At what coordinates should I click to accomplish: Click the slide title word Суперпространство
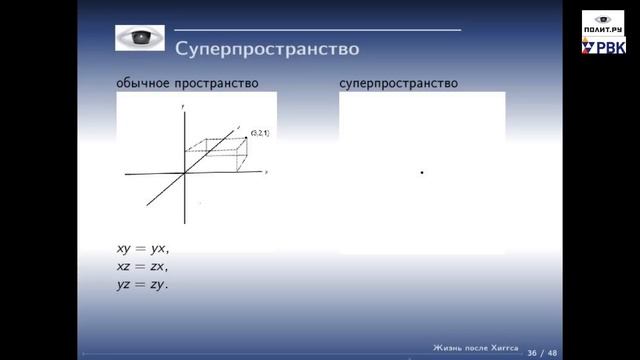tap(267, 48)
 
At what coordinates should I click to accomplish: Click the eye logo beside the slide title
tap(140, 39)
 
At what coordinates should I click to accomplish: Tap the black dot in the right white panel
tap(422, 173)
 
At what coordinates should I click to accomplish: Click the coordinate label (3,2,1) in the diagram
tap(259, 132)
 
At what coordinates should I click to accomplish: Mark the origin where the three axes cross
tap(186, 173)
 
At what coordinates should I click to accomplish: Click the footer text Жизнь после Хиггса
tap(474, 347)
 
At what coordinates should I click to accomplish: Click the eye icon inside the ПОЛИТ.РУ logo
tap(603, 18)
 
